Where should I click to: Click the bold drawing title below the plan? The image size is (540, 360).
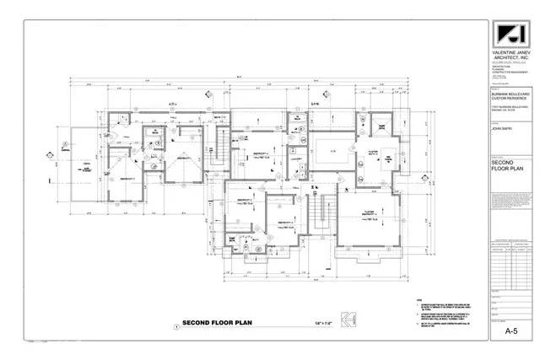[x=213, y=322]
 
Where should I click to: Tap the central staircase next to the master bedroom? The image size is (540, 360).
[x=320, y=212]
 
